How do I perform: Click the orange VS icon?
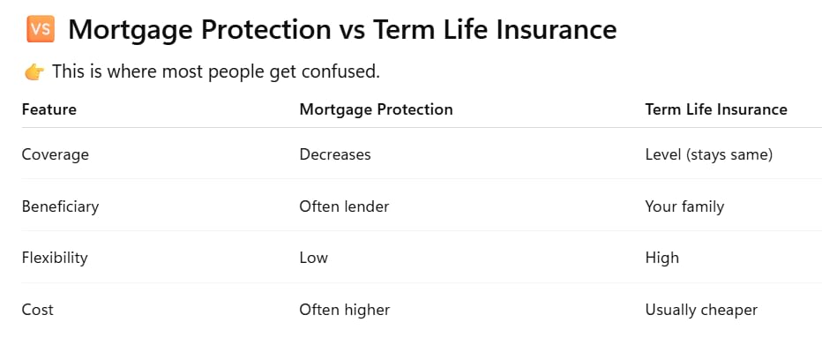point(41,29)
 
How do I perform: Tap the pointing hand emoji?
point(34,71)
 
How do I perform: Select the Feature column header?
point(49,109)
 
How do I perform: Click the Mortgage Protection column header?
point(376,109)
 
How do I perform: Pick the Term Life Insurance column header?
point(716,109)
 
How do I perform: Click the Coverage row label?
point(55,154)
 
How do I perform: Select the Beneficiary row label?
point(60,206)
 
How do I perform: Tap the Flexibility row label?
point(55,258)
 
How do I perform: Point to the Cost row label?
point(37,310)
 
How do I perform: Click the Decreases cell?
point(335,154)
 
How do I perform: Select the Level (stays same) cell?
point(709,154)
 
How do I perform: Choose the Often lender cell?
point(344,206)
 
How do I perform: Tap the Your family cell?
point(684,206)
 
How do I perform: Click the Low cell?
point(313,258)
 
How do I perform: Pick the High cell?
point(662,258)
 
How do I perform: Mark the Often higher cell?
point(345,310)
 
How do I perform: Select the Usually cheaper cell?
point(701,310)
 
